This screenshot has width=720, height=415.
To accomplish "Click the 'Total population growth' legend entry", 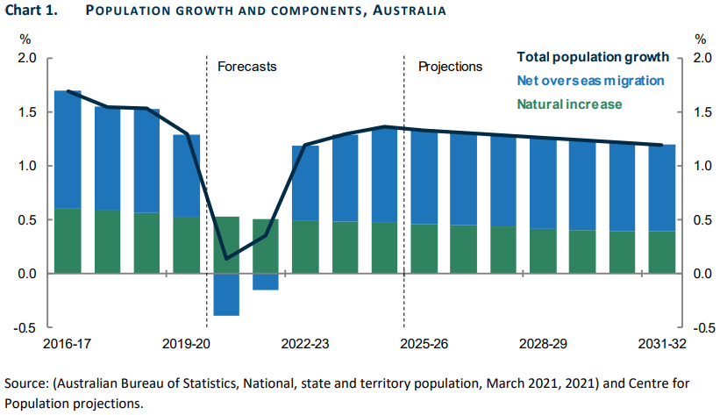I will coord(593,57).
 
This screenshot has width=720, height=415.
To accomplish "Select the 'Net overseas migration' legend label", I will coord(590,81).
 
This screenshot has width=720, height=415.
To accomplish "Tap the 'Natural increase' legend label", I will coord(569,104).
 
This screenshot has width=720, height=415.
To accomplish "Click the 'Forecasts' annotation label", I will coord(246,67).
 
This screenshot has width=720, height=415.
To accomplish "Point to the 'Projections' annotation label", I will coord(450,67).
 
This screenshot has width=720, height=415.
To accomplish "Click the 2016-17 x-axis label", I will coord(67,344).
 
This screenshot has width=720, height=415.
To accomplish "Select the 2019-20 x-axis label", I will coord(186,344).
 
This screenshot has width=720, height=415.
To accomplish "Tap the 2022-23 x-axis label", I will coord(305,344).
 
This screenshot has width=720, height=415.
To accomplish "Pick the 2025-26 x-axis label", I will coord(424,344).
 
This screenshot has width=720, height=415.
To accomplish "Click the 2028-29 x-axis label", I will coord(543,344).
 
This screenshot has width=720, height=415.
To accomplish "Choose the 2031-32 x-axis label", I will coord(662,344).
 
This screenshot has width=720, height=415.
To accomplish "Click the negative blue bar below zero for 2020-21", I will coord(226,294).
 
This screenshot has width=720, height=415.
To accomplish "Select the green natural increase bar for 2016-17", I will coord(68,240).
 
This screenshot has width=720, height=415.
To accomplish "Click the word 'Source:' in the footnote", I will coord(25,384).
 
